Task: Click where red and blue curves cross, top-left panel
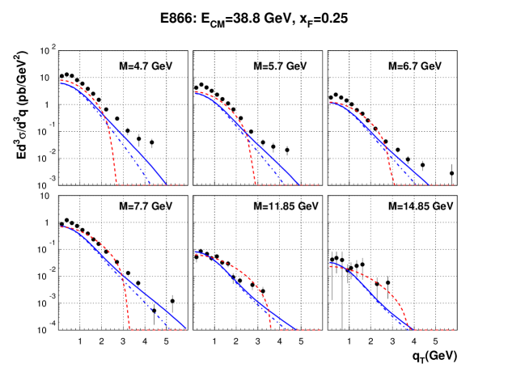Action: (x=106, y=120)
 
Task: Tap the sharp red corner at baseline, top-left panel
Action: (x=117, y=184)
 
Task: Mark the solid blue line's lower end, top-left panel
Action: (x=166, y=184)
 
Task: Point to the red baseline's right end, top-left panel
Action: (x=185, y=184)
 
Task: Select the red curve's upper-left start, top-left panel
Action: (x=61, y=80)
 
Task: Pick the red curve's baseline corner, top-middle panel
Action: (x=256, y=184)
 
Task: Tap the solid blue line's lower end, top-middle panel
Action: (x=299, y=184)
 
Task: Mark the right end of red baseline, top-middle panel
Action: (x=320, y=184)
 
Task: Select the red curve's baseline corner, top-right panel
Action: (x=395, y=184)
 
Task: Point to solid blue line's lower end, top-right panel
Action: (x=428, y=184)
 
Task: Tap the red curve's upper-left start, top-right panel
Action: (x=330, y=102)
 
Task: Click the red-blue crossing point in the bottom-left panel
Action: (x=122, y=275)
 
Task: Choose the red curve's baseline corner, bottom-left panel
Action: (x=130, y=329)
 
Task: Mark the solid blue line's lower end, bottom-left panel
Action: (x=187, y=328)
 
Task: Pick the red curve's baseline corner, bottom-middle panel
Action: (x=271, y=329)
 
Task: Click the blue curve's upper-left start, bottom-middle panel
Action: (x=195, y=252)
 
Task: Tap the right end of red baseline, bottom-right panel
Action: (x=455, y=329)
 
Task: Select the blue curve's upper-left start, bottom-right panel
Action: (x=330, y=262)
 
